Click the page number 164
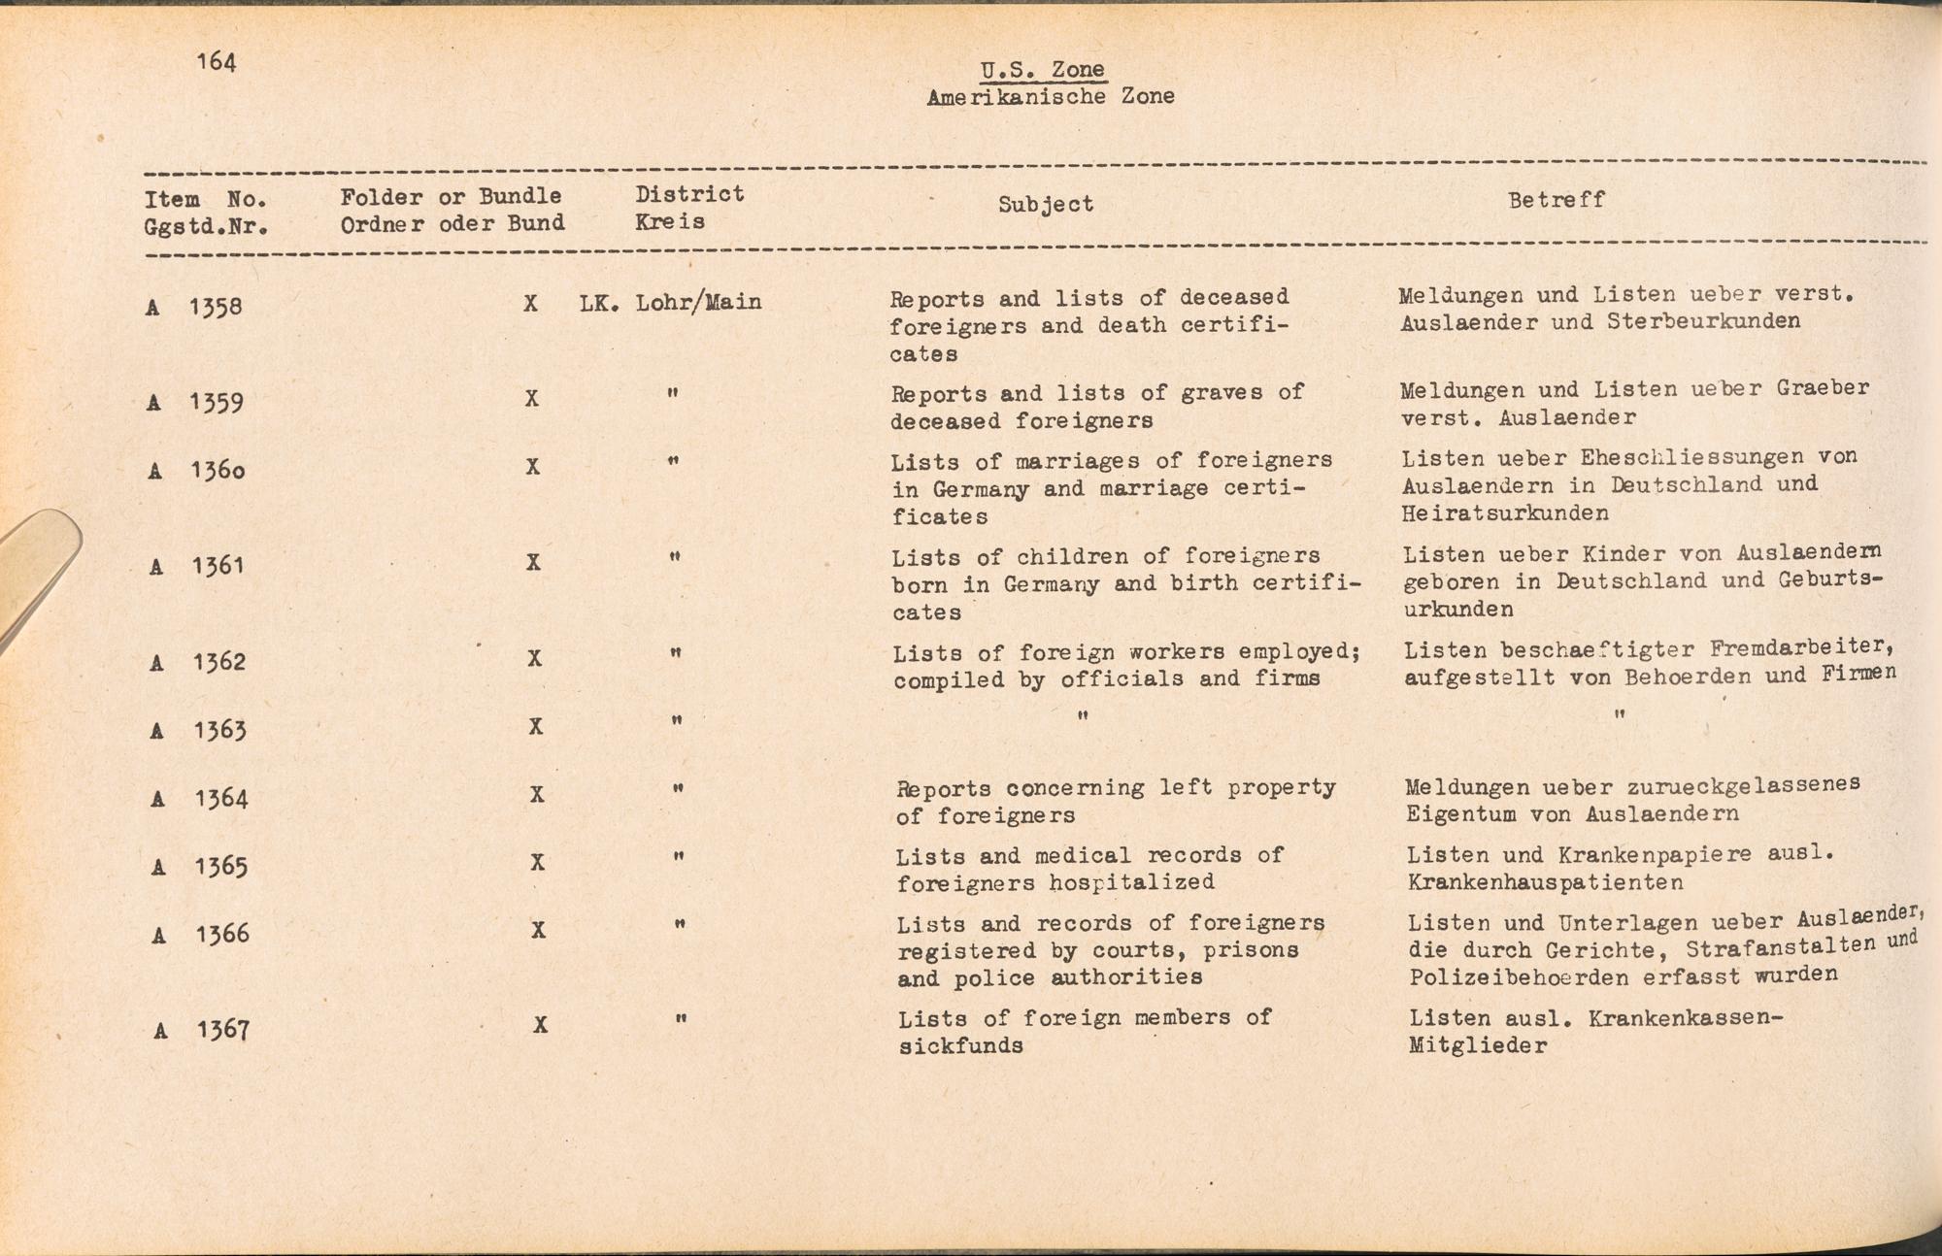pos(216,62)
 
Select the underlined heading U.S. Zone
pos(1042,70)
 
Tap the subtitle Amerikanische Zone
pos(1051,97)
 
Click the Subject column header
pos(1046,204)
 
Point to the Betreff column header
pos(1556,200)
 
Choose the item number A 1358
pos(194,308)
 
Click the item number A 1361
pos(197,566)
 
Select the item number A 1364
pos(200,799)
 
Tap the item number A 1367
pos(202,1030)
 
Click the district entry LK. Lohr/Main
pos(671,303)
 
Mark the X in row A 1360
pos(533,467)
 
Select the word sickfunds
pos(960,1046)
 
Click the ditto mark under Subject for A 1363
pos(1083,716)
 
